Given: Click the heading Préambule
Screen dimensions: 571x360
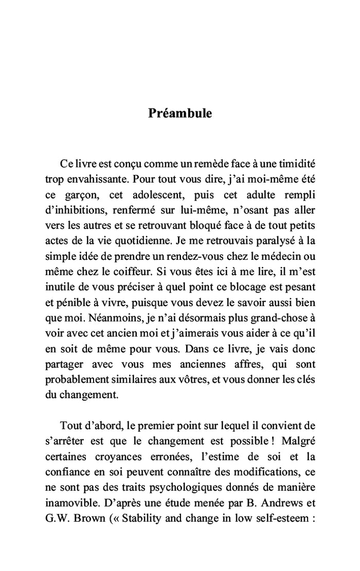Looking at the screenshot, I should pyautogui.click(x=179, y=113).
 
